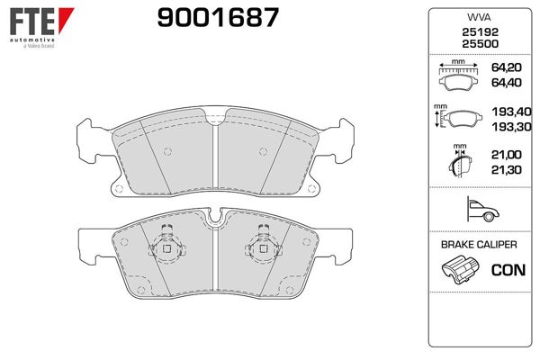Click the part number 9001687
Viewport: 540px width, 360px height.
tap(206, 17)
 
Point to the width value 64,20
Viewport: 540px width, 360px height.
tap(505, 68)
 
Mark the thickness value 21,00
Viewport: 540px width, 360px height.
tap(505, 157)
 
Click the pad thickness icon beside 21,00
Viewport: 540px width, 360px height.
tap(458, 163)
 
